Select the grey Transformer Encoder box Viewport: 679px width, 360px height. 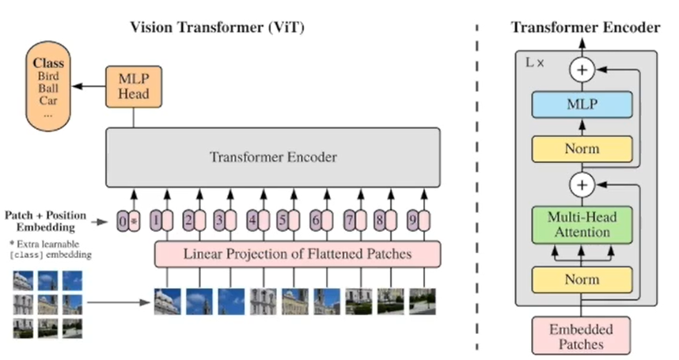pyautogui.click(x=273, y=157)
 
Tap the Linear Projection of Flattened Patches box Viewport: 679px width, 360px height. pyautogui.click(x=297, y=254)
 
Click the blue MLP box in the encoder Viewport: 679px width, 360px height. pyautogui.click(x=582, y=104)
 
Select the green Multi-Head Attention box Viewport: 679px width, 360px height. pyautogui.click(x=582, y=224)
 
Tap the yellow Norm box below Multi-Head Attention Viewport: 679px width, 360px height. pyautogui.click(x=582, y=279)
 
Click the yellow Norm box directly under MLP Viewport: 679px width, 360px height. pyautogui.click(x=582, y=148)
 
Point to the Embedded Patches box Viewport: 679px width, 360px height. pyautogui.click(x=582, y=335)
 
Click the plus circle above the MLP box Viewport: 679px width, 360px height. pyautogui.click(x=582, y=70)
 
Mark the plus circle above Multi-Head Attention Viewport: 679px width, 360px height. pyautogui.click(x=582, y=186)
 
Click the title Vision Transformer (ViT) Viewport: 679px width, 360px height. pyautogui.click(x=217, y=28)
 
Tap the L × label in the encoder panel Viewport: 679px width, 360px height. pyautogui.click(x=535, y=61)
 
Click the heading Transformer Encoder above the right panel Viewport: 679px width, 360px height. pyautogui.click(x=585, y=28)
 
